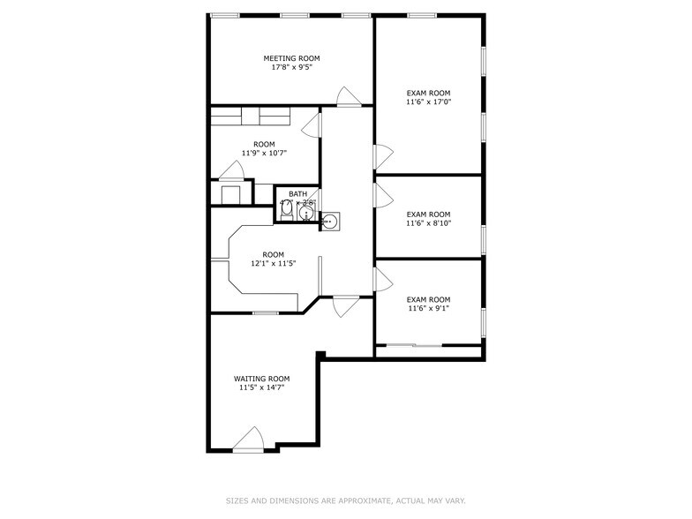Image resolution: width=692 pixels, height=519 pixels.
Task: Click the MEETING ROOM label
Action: coord(291,58)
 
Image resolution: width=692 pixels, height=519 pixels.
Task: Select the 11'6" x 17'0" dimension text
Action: coord(428,102)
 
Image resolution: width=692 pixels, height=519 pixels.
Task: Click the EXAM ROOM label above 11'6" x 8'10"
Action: coord(428,214)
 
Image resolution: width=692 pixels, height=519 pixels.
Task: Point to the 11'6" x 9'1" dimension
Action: coord(428,308)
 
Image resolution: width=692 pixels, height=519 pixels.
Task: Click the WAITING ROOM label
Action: coord(261,378)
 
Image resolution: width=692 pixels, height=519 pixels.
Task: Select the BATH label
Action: coord(297,193)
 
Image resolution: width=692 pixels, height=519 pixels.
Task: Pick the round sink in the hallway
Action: coord(330,222)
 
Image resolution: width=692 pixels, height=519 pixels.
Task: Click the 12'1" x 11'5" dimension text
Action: coord(273,263)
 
